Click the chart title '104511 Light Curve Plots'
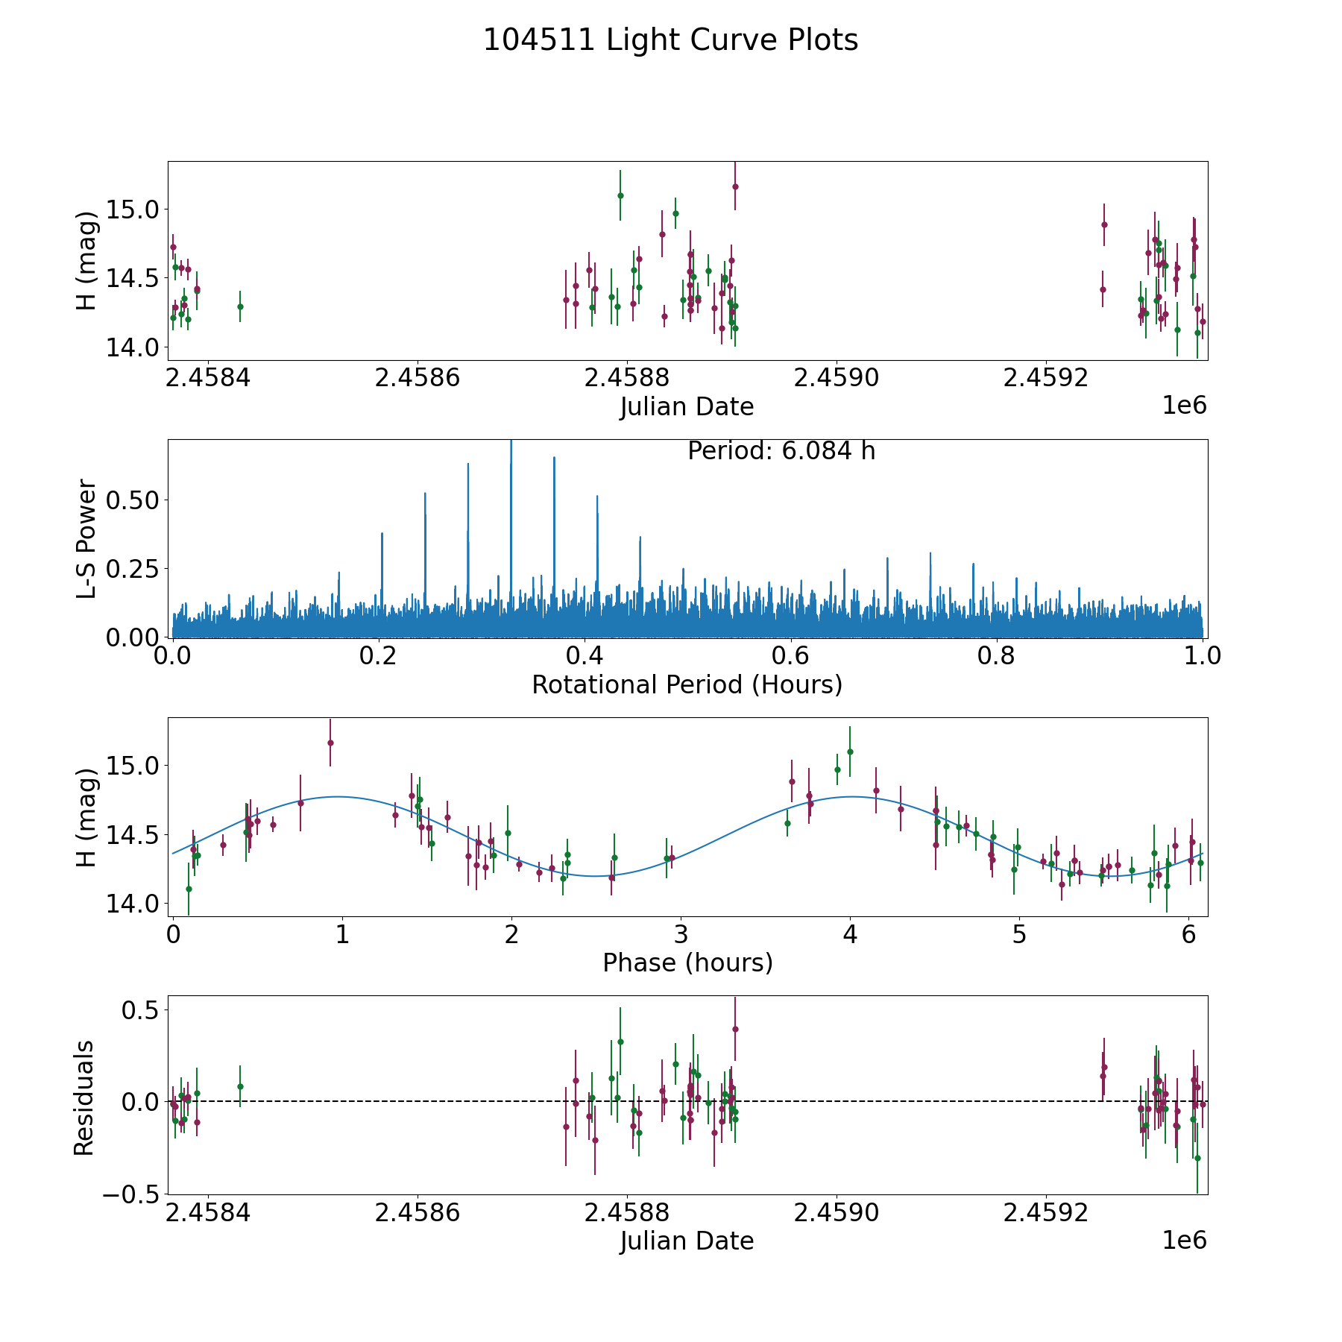[670, 40]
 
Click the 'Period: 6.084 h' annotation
[781, 451]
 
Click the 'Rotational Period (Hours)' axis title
[687, 684]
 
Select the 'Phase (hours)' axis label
[687, 963]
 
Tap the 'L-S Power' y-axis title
[86, 538]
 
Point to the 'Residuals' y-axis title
[84, 1097]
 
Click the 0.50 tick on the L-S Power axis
[133, 500]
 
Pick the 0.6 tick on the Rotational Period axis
[790, 657]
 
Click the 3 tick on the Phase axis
[681, 935]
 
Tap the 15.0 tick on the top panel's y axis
[133, 210]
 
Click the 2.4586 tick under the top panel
[418, 379]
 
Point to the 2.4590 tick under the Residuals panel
[837, 1213]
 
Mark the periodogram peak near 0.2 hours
[382, 534]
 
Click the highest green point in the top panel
[620, 195]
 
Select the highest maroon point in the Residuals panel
[735, 1029]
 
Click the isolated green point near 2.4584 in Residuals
[240, 1086]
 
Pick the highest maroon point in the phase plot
[330, 743]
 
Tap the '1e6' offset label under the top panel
[1184, 406]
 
